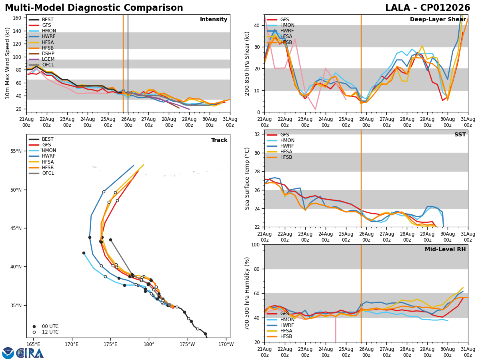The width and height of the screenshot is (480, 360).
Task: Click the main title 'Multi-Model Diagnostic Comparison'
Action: click(94, 8)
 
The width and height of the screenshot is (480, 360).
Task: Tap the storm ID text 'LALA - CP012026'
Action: click(428, 8)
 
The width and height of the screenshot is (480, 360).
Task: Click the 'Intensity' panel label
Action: click(214, 19)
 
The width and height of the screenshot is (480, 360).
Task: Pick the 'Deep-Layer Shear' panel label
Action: click(438, 19)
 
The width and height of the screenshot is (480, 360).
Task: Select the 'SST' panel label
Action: click(460, 134)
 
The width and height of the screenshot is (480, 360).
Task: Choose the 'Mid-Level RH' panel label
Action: click(445, 249)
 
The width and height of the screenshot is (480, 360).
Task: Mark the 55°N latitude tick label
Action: click(16, 151)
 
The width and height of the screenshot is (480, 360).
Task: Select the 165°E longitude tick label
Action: click(33, 344)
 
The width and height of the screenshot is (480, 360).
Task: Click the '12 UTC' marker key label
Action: click(50, 332)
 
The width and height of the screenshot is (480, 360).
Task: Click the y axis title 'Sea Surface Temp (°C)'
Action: click(247, 178)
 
